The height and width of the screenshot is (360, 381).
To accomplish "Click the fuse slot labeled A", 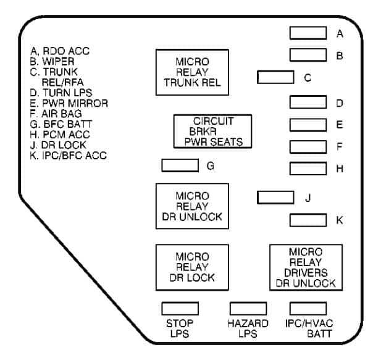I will click(308, 33).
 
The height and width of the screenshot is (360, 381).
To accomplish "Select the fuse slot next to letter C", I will click(275, 77).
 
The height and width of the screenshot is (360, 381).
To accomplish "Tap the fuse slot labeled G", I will click(180, 165).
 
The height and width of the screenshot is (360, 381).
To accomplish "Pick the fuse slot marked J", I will click(275, 198).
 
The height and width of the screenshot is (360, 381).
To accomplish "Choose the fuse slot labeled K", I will click(308, 220).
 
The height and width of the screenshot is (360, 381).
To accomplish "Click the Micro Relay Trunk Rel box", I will click(191, 72).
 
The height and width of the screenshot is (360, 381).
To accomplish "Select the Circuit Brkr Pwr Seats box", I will click(212, 131).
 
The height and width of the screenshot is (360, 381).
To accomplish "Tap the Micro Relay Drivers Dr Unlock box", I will click(306, 267).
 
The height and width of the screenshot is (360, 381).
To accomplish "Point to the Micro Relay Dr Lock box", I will click(191, 267).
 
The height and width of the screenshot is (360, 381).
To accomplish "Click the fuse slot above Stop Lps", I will click(180, 308).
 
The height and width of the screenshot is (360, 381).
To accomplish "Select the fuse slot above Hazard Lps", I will click(248, 308).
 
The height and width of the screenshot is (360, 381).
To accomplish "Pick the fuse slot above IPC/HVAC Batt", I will click(308, 308).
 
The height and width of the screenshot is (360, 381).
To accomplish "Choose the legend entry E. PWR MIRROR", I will click(69, 103).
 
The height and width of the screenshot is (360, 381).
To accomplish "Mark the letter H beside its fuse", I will click(340, 168).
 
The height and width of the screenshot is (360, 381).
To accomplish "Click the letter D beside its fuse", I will click(340, 103).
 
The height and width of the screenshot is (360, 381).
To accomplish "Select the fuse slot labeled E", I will click(308, 125).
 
